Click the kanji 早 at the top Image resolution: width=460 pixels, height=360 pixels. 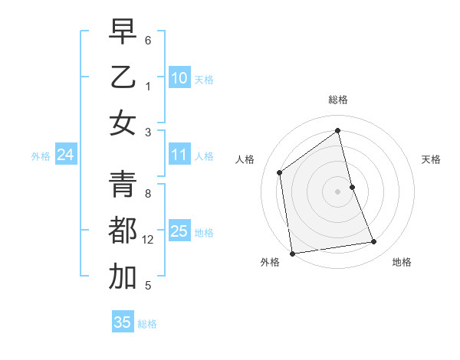click(x=123, y=32)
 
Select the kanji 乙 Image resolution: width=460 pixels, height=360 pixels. click(x=123, y=77)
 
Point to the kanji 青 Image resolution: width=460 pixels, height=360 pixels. click(x=123, y=185)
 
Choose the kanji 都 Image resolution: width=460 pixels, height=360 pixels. click(x=123, y=231)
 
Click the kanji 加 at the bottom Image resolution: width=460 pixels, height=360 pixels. click(x=123, y=277)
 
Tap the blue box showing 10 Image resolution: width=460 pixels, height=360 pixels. click(x=179, y=78)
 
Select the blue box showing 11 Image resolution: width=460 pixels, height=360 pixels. click(x=179, y=155)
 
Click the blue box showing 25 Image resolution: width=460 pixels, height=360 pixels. click(x=179, y=231)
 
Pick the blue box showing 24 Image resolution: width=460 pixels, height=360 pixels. click(x=65, y=155)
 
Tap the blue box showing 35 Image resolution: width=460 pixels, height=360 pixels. click(x=123, y=322)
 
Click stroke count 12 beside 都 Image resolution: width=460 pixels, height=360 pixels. click(x=148, y=240)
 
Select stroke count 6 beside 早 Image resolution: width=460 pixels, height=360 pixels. click(x=148, y=40)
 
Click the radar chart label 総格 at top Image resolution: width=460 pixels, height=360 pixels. click(x=338, y=100)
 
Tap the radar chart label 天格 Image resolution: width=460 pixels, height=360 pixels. click(x=431, y=159)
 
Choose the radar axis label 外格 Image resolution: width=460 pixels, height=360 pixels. click(x=270, y=262)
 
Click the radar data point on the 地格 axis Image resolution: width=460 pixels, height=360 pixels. click(x=374, y=242)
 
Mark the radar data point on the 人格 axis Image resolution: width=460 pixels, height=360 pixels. click(x=280, y=172)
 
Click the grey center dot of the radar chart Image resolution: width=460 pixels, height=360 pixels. click(x=338, y=191)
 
